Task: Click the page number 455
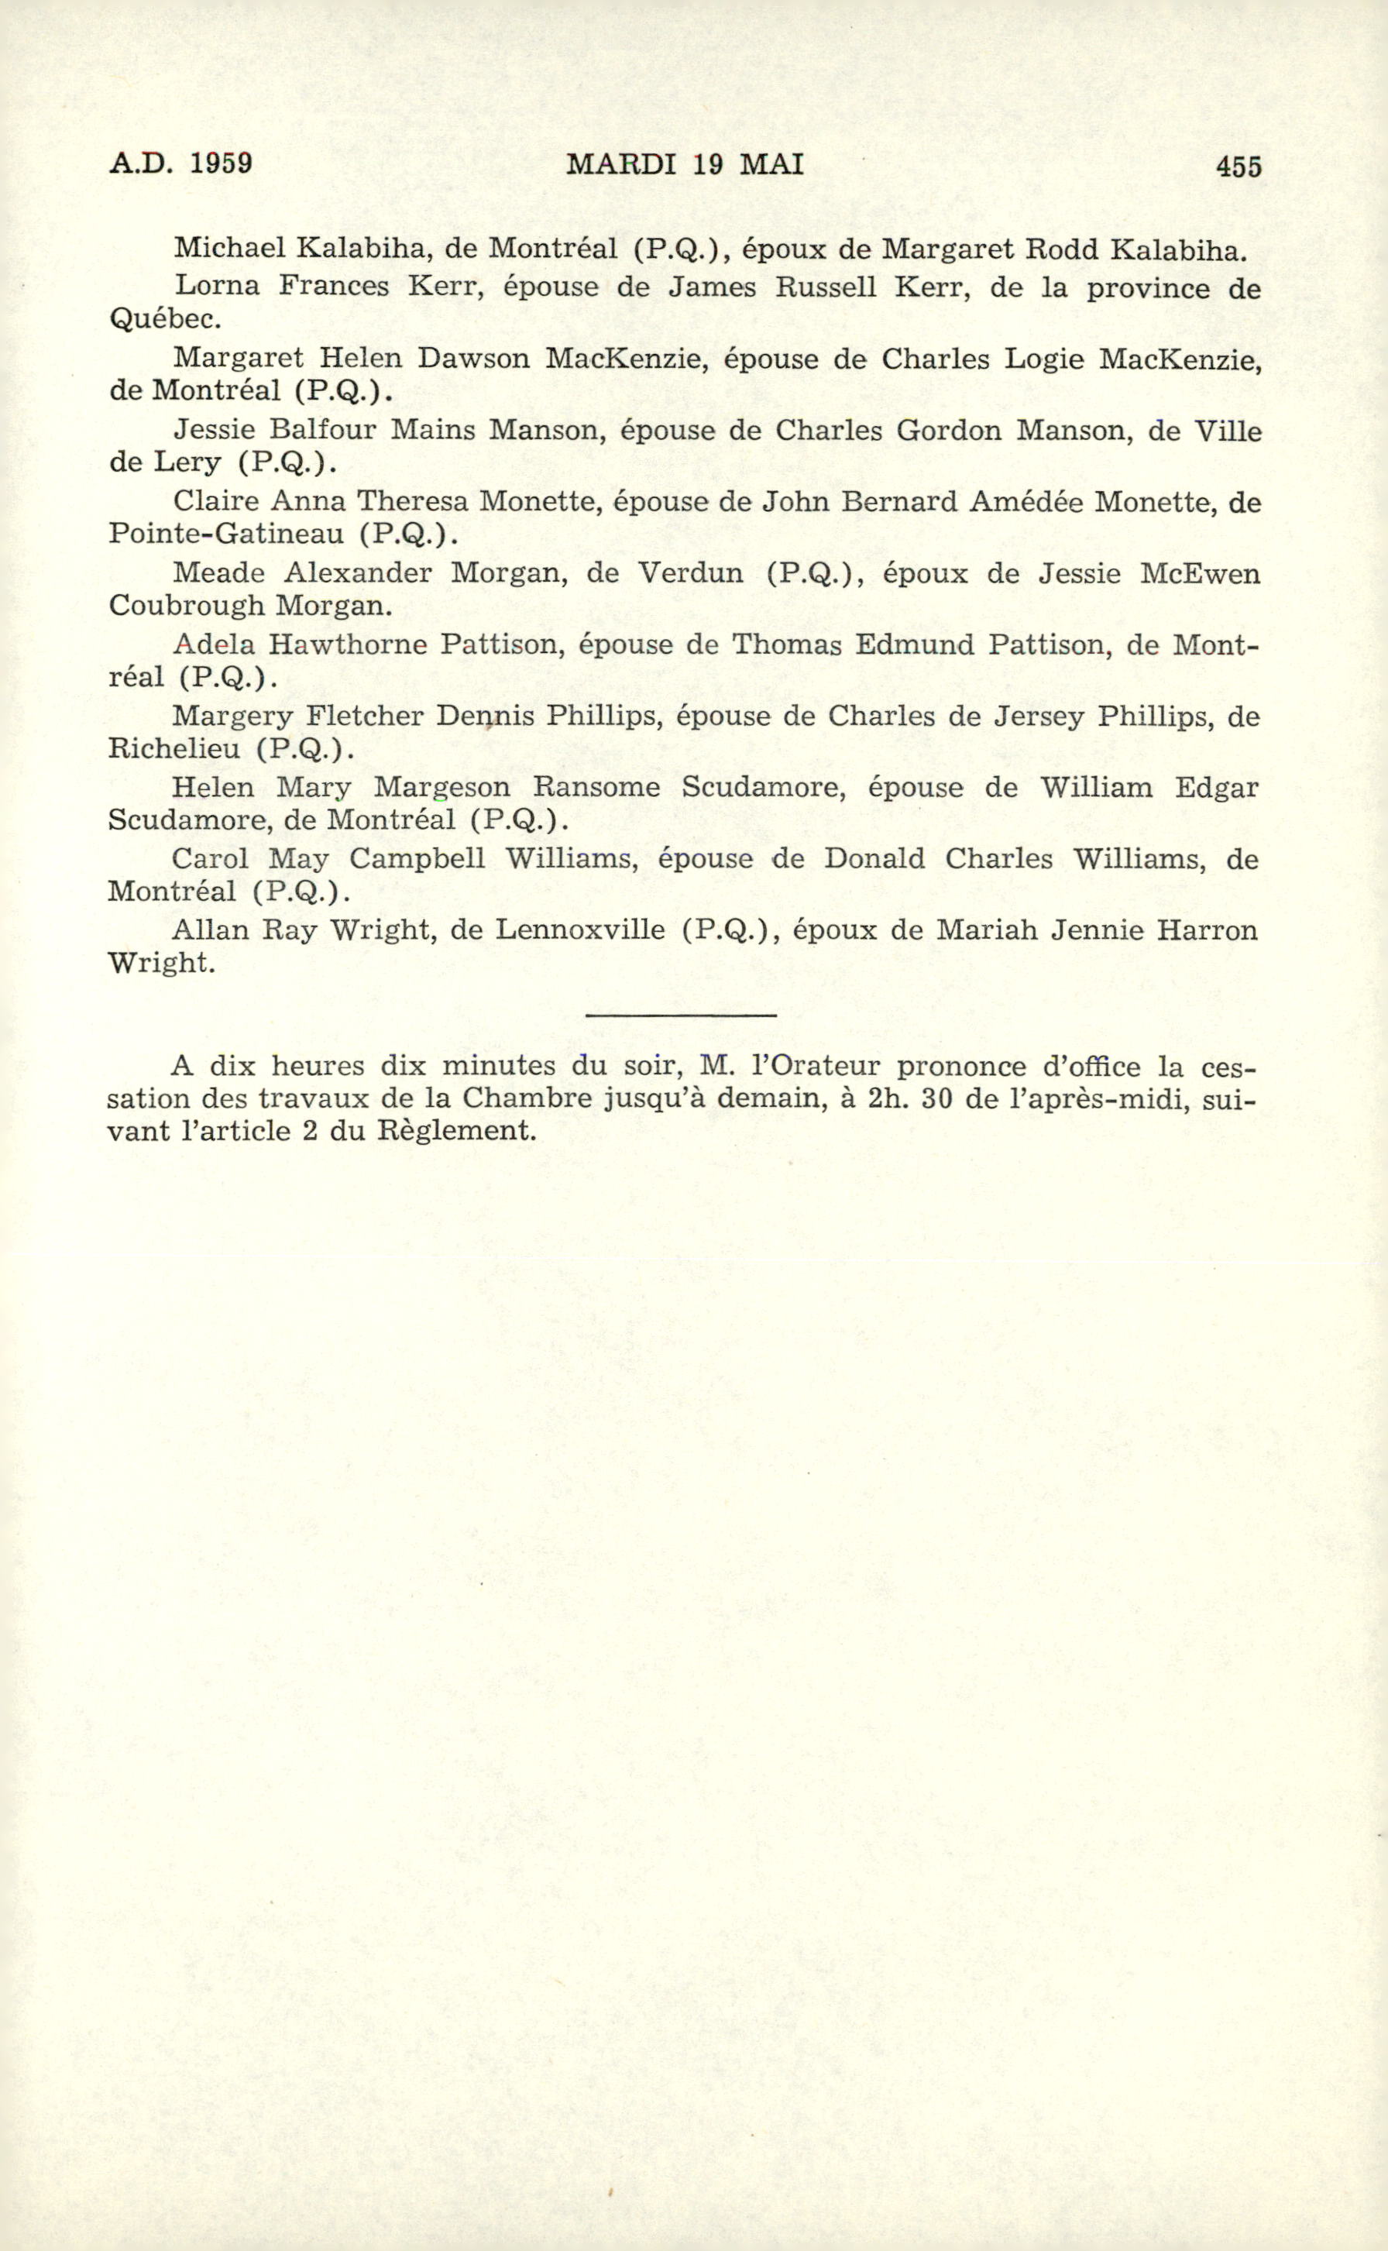(1239, 167)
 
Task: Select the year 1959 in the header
(220, 163)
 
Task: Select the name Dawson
(474, 357)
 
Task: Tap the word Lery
(187, 462)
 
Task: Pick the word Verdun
(690, 573)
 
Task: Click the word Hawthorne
(348, 644)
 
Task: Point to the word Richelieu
(174, 748)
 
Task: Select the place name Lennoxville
(580, 930)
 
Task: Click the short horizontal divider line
(680, 1015)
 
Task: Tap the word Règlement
(455, 1130)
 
